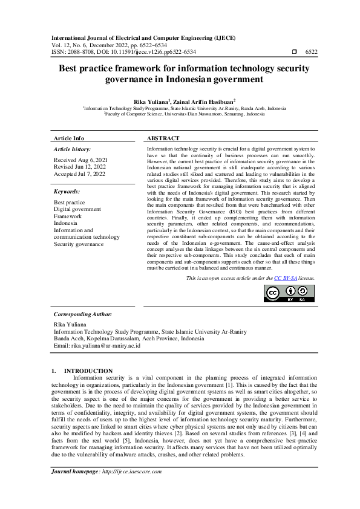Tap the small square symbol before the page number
click(x=294, y=53)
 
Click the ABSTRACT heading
click(x=163, y=138)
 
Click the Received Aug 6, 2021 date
click(x=79, y=160)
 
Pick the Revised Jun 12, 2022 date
click(x=80, y=167)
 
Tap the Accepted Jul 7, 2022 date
click(x=79, y=174)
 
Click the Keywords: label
click(x=67, y=191)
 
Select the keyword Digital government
click(x=78, y=209)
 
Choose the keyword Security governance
click(x=79, y=244)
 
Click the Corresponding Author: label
click(x=83, y=314)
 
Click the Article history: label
click(x=73, y=149)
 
